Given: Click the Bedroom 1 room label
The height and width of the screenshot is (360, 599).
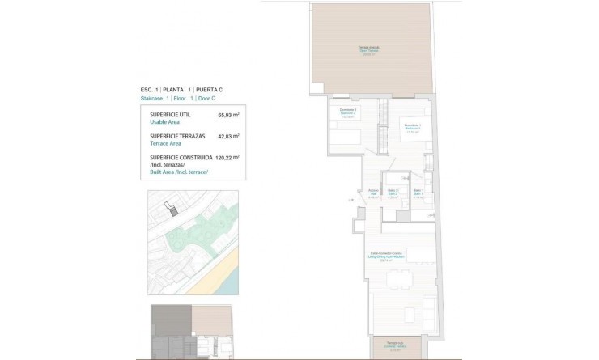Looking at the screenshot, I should click(x=413, y=126).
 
